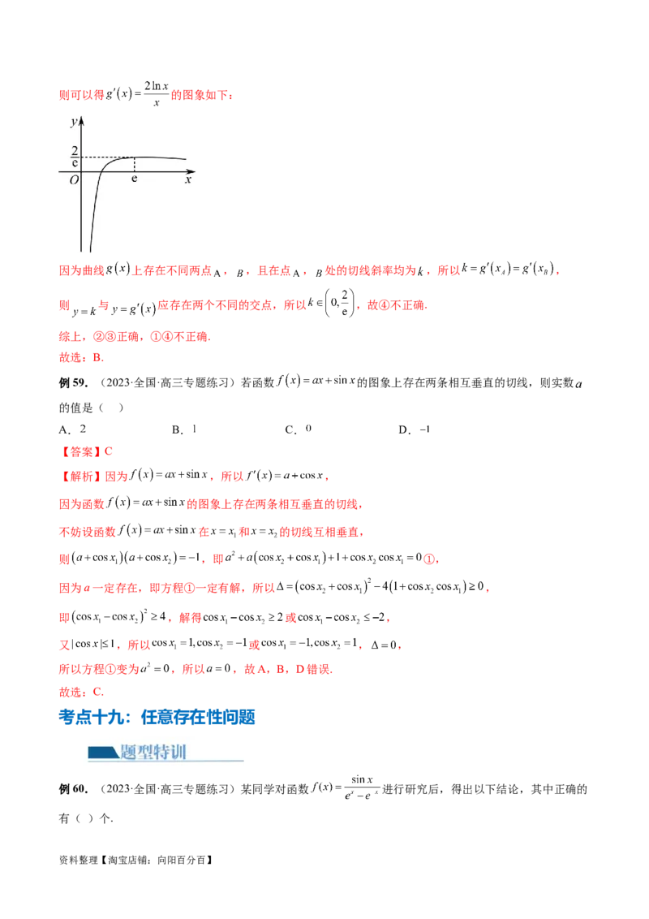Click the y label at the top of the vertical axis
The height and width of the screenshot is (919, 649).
(74, 122)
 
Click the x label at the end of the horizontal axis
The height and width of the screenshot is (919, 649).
(188, 180)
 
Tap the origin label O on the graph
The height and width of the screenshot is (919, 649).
(74, 180)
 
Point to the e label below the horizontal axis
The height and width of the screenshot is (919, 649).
(135, 178)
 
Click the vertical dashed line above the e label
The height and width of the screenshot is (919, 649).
(135, 165)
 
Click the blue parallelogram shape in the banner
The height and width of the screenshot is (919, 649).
(102, 752)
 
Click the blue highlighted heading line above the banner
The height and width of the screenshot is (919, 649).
(158, 718)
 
